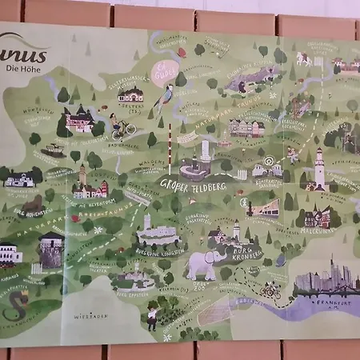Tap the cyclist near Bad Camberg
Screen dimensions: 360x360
pos(121,127)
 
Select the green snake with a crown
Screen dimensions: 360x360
pos(17,303)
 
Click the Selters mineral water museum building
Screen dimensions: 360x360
pos(130,95)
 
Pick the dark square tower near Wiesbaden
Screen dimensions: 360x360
pos(50,250)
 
